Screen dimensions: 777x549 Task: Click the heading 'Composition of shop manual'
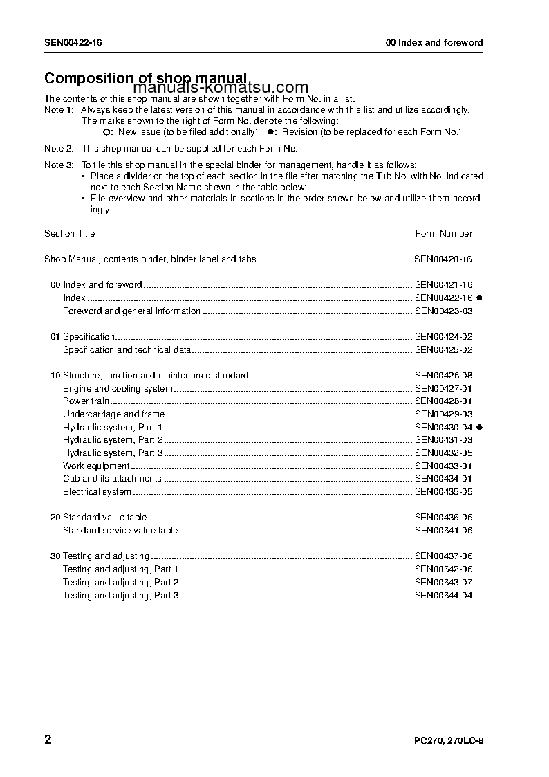(x=145, y=78)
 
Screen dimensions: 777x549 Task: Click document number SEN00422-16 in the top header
(x=73, y=43)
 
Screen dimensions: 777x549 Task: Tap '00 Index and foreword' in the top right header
(x=434, y=43)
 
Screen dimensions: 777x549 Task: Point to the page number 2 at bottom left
(x=48, y=740)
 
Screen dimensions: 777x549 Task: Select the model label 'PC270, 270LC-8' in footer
(x=444, y=741)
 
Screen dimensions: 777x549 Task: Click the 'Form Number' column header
(x=443, y=234)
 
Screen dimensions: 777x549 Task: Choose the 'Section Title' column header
(x=70, y=234)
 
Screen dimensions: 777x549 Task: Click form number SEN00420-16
(x=443, y=259)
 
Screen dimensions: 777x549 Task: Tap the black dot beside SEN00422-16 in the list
(x=479, y=298)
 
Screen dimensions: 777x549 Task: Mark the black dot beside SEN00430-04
(x=479, y=428)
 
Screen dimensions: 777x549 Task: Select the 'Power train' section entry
(x=86, y=401)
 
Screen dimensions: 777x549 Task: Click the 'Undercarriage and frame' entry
(x=114, y=414)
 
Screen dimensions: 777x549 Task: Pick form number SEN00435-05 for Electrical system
(x=443, y=492)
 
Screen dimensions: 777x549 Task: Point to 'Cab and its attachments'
(x=112, y=479)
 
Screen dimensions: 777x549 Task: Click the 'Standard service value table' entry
(x=120, y=531)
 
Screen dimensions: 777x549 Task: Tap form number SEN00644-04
(x=443, y=596)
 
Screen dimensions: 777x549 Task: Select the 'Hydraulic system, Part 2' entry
(x=113, y=440)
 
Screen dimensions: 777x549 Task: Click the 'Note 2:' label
(x=59, y=149)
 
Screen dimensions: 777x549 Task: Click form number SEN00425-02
(x=443, y=350)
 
